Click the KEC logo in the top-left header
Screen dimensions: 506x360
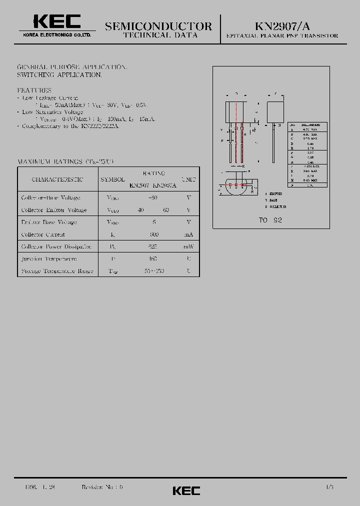click(x=56, y=21)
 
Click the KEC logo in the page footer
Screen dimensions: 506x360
click(x=186, y=490)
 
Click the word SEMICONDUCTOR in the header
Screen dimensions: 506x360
click(x=158, y=26)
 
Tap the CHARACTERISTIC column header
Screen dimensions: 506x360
click(x=57, y=179)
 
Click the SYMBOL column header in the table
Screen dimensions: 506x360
click(x=113, y=179)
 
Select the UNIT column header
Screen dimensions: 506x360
click(x=188, y=179)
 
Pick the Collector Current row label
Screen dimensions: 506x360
click(x=43, y=234)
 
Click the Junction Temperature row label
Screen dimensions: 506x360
click(x=49, y=259)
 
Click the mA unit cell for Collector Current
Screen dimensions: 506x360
click(x=188, y=234)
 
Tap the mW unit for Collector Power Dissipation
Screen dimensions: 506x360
click(x=188, y=247)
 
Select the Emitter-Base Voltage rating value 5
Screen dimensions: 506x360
click(x=153, y=222)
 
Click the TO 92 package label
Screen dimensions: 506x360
click(x=270, y=220)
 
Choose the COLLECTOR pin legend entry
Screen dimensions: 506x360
click(x=276, y=206)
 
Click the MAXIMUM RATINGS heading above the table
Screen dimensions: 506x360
click(x=65, y=162)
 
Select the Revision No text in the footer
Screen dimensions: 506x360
click(x=102, y=487)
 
